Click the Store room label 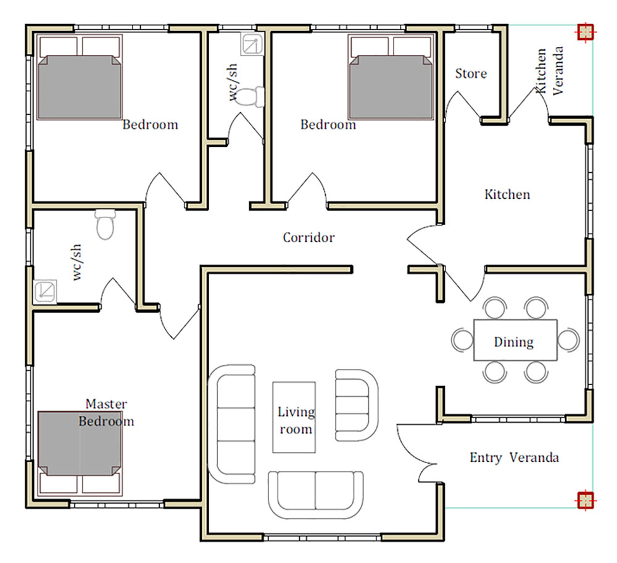click(471, 73)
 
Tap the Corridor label click(308, 238)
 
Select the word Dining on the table click(513, 342)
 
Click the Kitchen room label click(507, 194)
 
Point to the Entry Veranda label click(514, 457)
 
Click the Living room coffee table click(294, 417)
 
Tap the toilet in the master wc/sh click(106, 225)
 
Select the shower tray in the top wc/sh click(252, 44)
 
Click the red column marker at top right click(586, 32)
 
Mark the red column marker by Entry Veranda click(586, 501)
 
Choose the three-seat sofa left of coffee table click(232, 424)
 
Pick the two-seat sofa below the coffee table click(316, 495)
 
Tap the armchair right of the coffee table click(357, 406)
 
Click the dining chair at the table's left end click(462, 340)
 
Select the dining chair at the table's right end click(568, 340)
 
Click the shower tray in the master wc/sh click(45, 291)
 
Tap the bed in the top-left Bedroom click(80, 77)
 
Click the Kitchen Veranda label click(549, 71)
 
